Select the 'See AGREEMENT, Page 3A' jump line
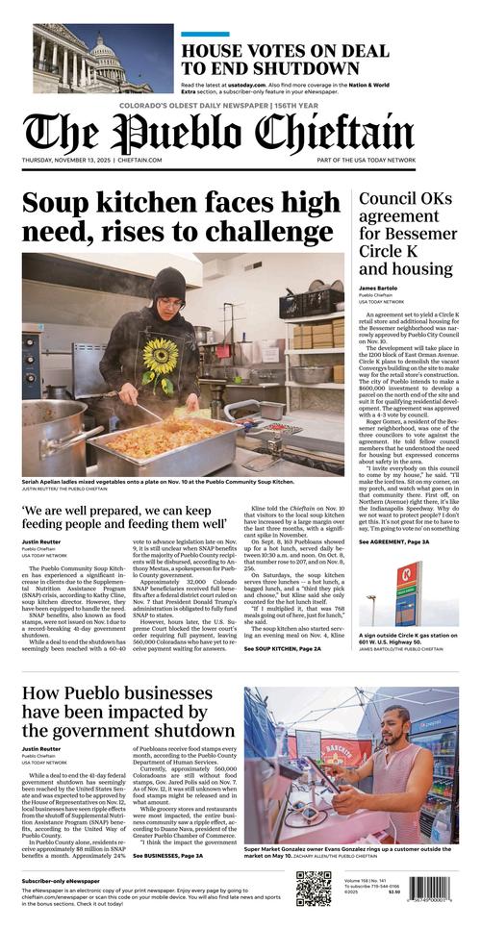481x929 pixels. point(394,542)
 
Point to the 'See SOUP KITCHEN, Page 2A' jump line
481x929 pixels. point(286,649)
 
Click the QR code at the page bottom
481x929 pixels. point(314,889)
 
